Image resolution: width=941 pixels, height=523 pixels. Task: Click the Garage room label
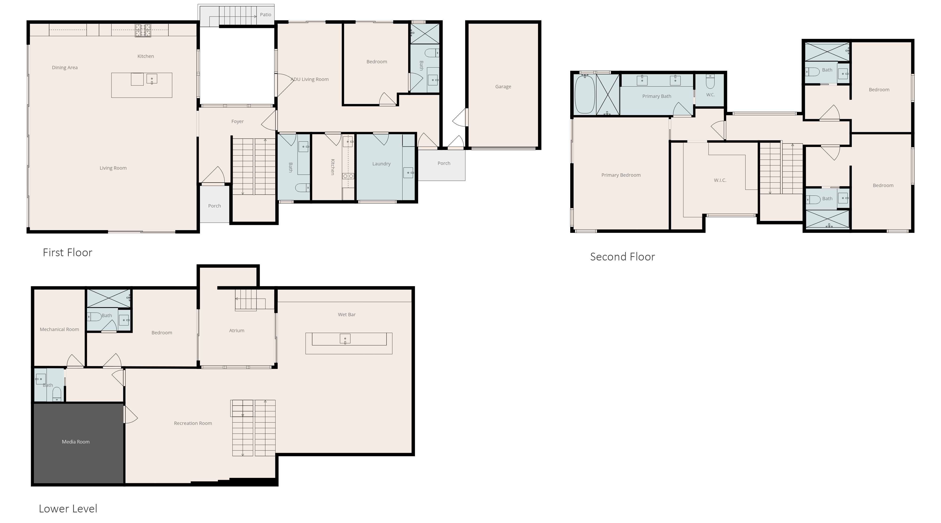[x=503, y=87]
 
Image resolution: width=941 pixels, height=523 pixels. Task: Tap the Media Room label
[x=76, y=442]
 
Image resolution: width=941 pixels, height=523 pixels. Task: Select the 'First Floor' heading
[x=68, y=252]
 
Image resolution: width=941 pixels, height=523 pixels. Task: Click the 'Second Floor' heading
[x=622, y=257]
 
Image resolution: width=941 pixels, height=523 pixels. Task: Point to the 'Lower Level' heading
[x=68, y=508]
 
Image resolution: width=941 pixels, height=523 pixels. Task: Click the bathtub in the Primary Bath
[x=584, y=94]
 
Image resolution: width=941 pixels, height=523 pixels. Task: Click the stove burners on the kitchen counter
[x=143, y=31]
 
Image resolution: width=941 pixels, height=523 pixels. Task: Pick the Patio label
[x=266, y=15]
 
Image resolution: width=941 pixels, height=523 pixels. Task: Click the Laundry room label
[x=381, y=164]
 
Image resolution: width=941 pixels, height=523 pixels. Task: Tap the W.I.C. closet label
[x=720, y=180]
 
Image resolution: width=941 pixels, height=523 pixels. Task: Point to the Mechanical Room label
[x=59, y=329]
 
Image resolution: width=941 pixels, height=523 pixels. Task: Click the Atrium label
[x=237, y=331]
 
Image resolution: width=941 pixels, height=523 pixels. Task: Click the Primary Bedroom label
[x=621, y=175]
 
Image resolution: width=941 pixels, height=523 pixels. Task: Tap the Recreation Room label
[x=193, y=423]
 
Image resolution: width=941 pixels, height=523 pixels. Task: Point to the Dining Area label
[x=65, y=68]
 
